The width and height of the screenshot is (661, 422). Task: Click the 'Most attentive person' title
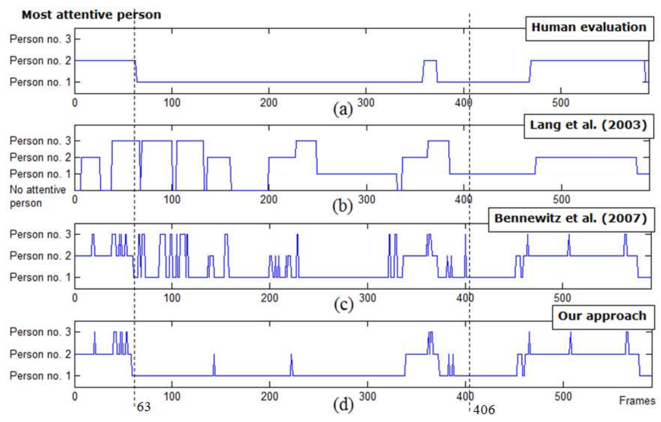(91, 15)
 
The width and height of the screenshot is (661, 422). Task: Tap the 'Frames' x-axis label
(637, 401)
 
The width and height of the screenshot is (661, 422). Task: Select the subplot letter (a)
(343, 110)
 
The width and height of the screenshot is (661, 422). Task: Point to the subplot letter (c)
(344, 304)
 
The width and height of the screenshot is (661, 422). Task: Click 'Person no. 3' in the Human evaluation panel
(40, 39)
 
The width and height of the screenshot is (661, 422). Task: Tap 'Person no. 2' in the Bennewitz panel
(40, 256)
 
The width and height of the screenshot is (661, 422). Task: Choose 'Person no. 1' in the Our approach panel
(40, 376)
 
